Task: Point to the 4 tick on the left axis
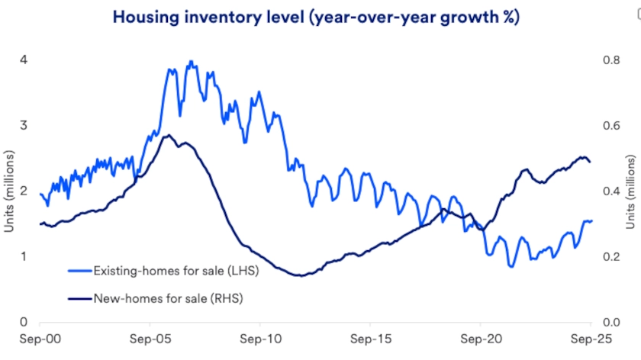[24, 60]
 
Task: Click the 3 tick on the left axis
[24, 126]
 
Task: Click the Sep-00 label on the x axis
[40, 337]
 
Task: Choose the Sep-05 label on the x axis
[150, 337]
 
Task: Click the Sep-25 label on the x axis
[591, 337]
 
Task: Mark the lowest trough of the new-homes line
[301, 275]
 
